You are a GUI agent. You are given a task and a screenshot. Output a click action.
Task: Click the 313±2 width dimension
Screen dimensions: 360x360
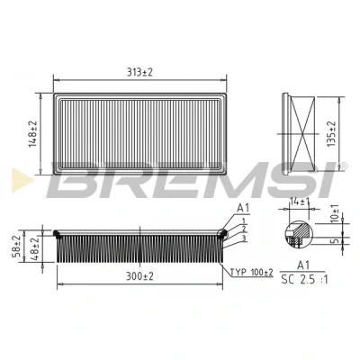[x=139, y=72]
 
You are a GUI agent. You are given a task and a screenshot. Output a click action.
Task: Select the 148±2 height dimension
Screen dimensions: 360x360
[x=32, y=134]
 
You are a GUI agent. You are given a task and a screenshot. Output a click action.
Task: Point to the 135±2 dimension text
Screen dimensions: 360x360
[x=331, y=134]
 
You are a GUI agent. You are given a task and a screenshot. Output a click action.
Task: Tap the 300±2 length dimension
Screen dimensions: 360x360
[x=139, y=276]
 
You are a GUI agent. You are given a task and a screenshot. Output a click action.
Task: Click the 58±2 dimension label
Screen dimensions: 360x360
[x=17, y=247]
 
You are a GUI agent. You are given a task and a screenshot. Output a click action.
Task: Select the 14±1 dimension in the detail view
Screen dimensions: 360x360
[x=299, y=202]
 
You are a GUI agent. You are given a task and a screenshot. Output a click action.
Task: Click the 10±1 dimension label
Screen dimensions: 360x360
[x=335, y=213]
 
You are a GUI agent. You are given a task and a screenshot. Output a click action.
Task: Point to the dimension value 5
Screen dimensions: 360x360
[x=336, y=240]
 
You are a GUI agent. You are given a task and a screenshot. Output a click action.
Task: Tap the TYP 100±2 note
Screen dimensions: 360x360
[x=251, y=273]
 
